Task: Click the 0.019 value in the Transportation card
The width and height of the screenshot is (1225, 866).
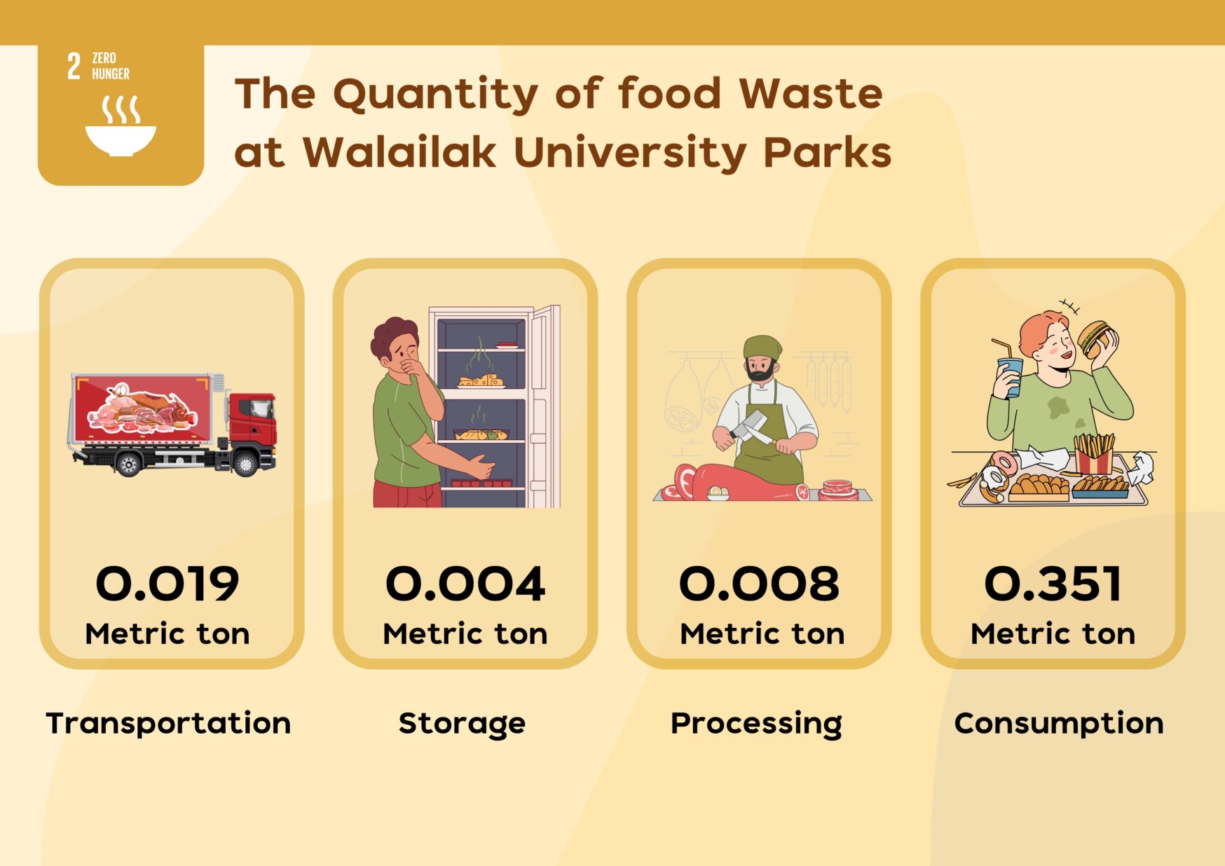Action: click(x=167, y=584)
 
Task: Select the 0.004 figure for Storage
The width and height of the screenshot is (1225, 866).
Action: click(x=465, y=584)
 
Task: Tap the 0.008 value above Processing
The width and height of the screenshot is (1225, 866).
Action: click(x=759, y=584)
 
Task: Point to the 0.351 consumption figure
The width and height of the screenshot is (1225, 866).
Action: click(x=1053, y=584)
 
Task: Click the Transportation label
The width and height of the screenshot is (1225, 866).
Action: click(x=168, y=723)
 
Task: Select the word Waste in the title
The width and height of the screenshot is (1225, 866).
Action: click(x=811, y=93)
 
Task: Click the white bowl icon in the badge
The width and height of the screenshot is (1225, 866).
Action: click(x=121, y=140)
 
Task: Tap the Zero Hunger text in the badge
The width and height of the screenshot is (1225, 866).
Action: click(x=111, y=66)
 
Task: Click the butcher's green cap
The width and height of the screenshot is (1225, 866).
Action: click(x=762, y=346)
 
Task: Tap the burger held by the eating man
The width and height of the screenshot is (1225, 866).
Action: click(x=1095, y=338)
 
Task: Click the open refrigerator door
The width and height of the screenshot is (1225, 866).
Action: click(x=545, y=406)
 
